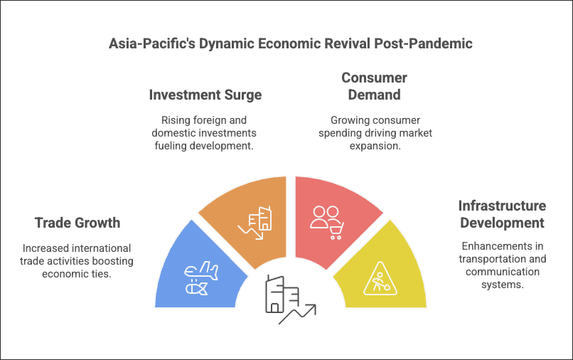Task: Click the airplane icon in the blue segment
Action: (x=201, y=271)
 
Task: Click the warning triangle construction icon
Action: (x=380, y=278)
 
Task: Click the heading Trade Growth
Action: (x=77, y=223)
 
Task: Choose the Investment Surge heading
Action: (x=205, y=95)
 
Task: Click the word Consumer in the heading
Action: (x=374, y=78)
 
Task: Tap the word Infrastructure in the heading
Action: (x=502, y=206)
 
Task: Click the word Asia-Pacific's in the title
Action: (x=152, y=43)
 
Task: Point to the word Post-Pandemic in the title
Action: (x=423, y=43)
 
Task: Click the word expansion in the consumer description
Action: (x=375, y=146)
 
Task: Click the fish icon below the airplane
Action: (x=197, y=289)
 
